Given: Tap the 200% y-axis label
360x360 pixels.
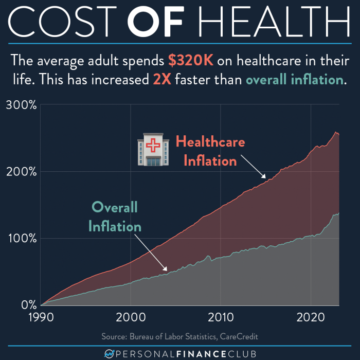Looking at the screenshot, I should (x=21, y=171).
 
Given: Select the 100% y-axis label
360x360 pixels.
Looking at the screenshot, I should (x=21, y=238).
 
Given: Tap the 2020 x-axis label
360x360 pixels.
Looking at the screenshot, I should (x=311, y=315).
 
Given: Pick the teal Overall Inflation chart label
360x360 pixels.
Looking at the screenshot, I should (x=115, y=217).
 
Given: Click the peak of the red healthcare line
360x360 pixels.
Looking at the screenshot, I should (x=335, y=133).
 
